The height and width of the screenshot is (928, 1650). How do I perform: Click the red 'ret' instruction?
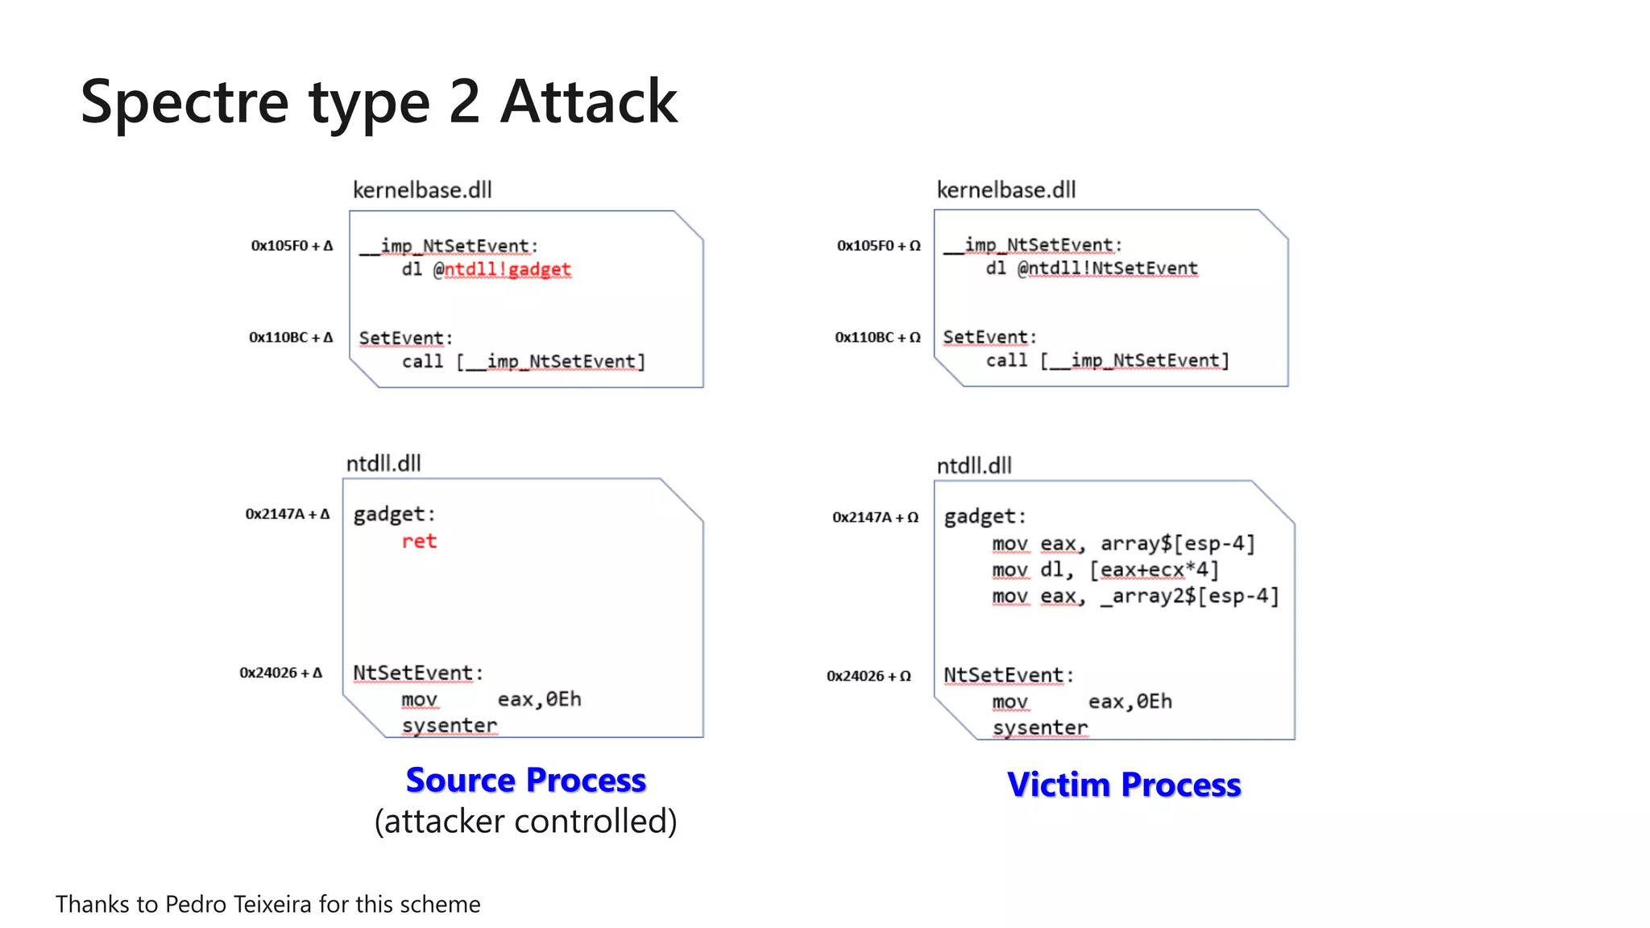click(x=419, y=541)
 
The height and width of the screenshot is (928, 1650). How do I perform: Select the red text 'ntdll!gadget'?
click(x=508, y=269)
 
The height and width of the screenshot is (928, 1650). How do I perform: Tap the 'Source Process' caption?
click(x=525, y=780)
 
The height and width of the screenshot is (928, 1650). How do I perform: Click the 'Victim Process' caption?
click(x=1124, y=785)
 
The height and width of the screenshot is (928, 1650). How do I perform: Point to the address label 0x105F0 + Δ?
click(x=292, y=246)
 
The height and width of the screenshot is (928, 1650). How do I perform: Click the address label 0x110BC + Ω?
click(x=877, y=338)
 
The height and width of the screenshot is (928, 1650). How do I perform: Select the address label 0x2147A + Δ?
click(x=288, y=514)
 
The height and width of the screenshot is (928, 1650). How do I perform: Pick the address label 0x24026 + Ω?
click(x=869, y=676)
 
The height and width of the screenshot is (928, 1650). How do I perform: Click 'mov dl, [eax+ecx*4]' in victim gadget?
click(x=1105, y=570)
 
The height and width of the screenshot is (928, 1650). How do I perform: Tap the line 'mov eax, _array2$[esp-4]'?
click(x=1135, y=596)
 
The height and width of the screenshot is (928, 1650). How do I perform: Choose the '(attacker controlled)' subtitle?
click(x=525, y=822)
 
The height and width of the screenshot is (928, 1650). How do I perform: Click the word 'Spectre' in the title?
click(x=184, y=102)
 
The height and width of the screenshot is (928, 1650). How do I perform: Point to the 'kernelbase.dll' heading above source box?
click(x=422, y=190)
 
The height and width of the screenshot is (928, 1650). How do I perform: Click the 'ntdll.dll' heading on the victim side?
click(x=974, y=466)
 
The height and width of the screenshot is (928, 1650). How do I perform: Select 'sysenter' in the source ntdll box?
click(x=450, y=726)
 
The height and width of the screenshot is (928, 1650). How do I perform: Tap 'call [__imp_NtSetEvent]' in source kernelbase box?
click(x=524, y=362)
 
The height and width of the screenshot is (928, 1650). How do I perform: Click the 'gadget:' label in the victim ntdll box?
click(x=985, y=516)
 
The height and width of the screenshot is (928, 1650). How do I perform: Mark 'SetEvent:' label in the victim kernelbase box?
click(x=989, y=338)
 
